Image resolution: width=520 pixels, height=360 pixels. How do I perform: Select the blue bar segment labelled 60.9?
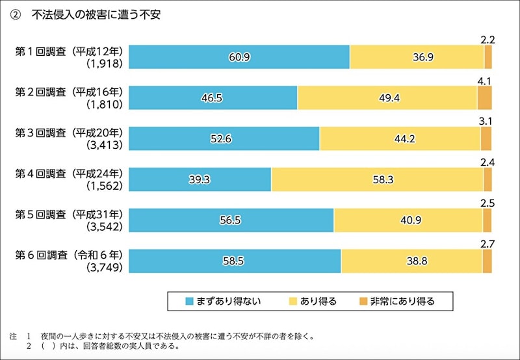[239, 57]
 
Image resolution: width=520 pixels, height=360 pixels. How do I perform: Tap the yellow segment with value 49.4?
[387, 97]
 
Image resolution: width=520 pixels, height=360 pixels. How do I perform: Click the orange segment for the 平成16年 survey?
[484, 97]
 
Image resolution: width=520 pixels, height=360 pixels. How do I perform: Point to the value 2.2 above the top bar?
[488, 40]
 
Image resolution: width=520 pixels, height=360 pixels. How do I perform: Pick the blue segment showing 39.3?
[200, 179]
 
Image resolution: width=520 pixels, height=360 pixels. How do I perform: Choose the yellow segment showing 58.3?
[377, 179]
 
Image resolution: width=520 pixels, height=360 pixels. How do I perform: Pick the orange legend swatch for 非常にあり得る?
[362, 301]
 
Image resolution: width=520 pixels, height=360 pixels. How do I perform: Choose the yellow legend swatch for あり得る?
[292, 301]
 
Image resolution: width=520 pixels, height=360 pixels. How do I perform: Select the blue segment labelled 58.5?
[235, 261]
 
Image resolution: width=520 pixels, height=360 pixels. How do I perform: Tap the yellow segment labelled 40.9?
[408, 220]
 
